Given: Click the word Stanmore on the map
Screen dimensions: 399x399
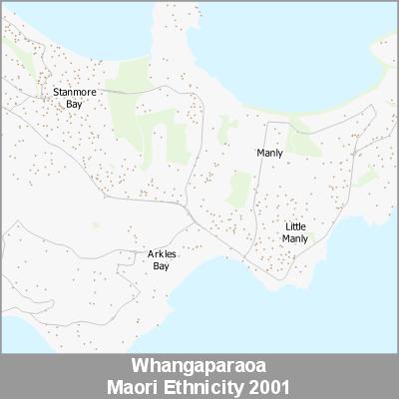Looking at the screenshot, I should (x=73, y=92).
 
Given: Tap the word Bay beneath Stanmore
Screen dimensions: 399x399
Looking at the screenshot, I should (x=73, y=103).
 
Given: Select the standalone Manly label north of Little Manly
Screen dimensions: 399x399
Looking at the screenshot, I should (x=269, y=153).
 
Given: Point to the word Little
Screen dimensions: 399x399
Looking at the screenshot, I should (x=295, y=227).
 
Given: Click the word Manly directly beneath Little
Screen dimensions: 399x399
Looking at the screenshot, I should (x=295, y=239).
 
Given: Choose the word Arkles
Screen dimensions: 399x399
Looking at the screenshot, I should (x=162, y=255).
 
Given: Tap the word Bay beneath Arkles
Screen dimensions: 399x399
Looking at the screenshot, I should (x=162, y=266).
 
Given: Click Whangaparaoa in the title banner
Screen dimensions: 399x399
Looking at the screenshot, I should (x=199, y=363).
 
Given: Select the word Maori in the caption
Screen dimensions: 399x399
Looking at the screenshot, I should (x=144, y=384).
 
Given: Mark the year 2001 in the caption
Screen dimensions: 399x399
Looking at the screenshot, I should (x=272, y=384).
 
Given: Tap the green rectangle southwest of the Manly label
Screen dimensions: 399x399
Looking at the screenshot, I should (x=238, y=188).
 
